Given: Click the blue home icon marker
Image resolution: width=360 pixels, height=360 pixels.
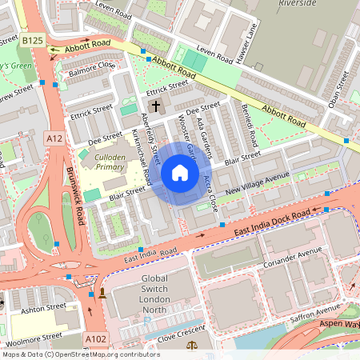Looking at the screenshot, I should pos(180,173).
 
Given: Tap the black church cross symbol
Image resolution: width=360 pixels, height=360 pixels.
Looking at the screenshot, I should pos(156,106).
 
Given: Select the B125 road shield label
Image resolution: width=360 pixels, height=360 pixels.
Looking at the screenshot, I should pos(33,40).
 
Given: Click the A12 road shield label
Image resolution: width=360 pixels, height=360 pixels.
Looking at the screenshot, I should pos(54,138).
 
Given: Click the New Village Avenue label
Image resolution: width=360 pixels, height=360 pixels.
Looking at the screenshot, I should pos(257,186).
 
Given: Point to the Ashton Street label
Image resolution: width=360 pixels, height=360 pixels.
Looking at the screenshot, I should pos(43,306).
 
